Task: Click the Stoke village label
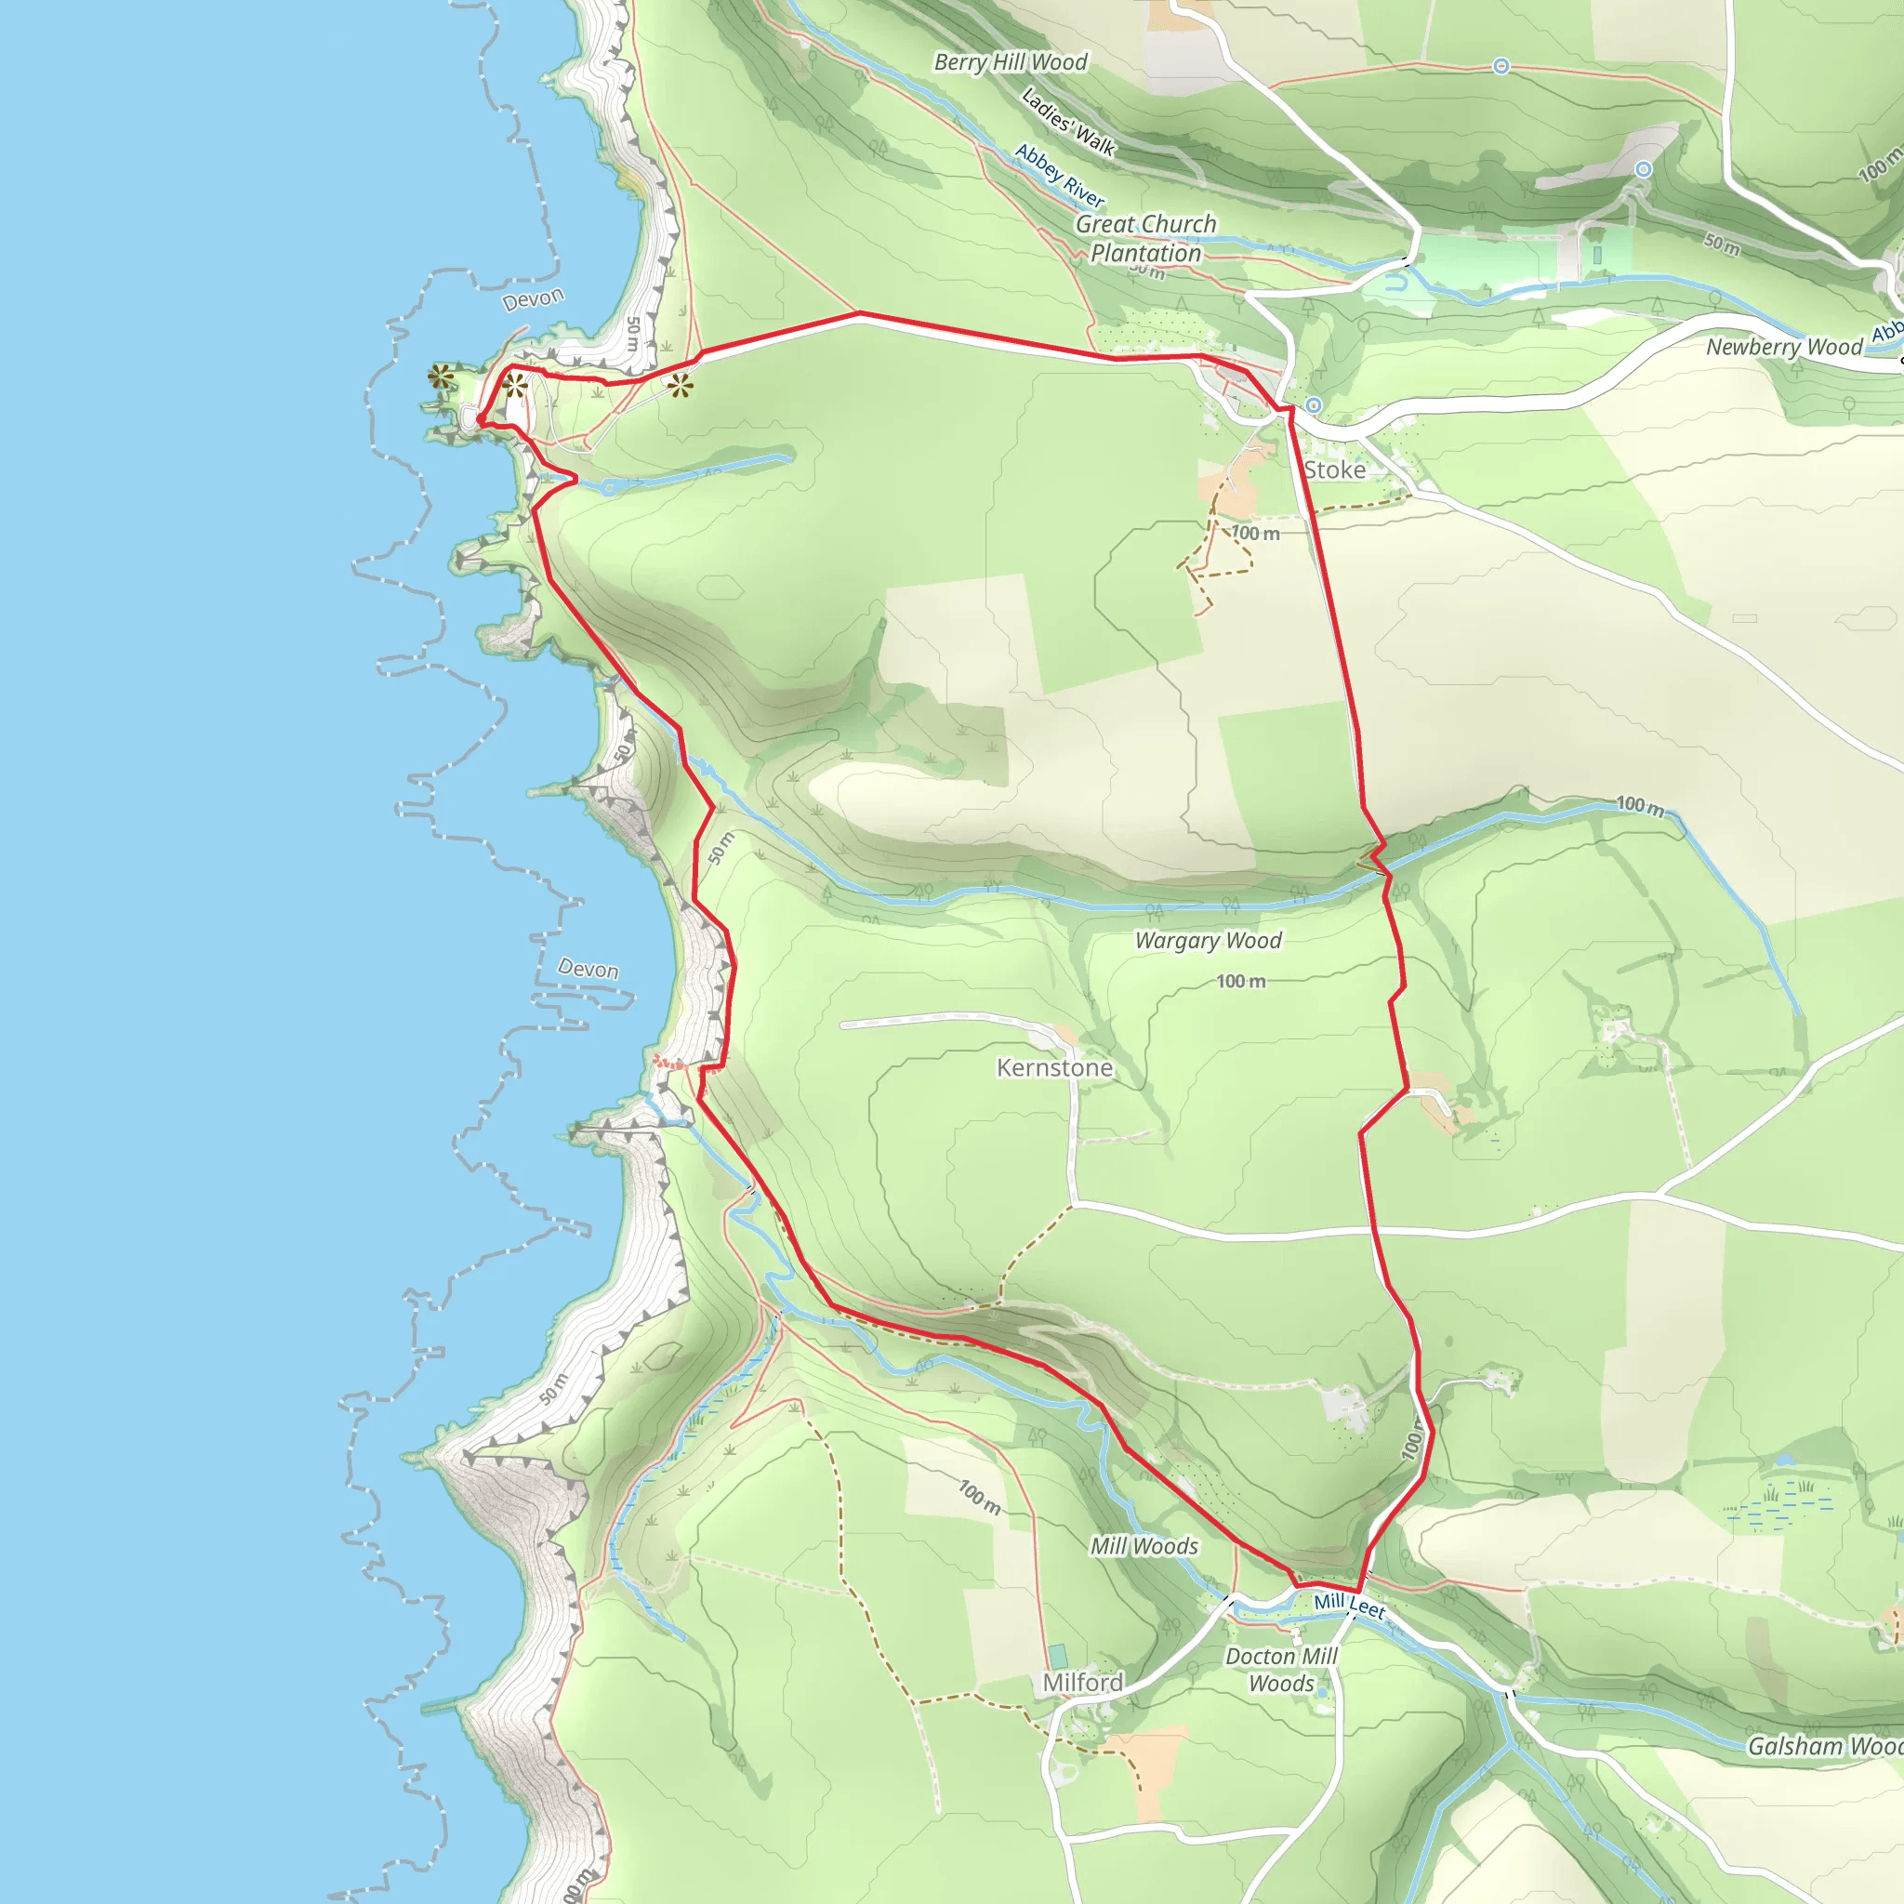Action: [x=1334, y=470]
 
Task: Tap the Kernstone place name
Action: [x=1054, y=1067]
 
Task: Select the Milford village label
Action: [x=1082, y=1682]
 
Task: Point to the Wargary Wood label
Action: [x=1209, y=940]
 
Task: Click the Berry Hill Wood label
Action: [x=1011, y=62]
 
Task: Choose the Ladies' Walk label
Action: [x=1068, y=122]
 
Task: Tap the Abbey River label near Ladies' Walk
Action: [x=1060, y=176]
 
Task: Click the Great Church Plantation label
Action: [x=1146, y=239]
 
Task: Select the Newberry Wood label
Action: [x=1784, y=347]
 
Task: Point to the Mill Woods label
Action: [x=1144, y=1546]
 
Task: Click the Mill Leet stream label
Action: [x=1349, y=1606]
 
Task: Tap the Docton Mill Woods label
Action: [x=1281, y=1670]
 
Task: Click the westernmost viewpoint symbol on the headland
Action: [x=441, y=376]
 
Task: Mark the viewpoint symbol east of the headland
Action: [x=680, y=385]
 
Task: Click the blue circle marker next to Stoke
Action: [x=1314, y=405]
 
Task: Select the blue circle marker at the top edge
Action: [x=1501, y=66]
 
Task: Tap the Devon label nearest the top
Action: [x=533, y=298]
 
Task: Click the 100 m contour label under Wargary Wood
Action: [x=1241, y=982]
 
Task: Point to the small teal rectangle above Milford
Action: [x=1057, y=1656]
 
